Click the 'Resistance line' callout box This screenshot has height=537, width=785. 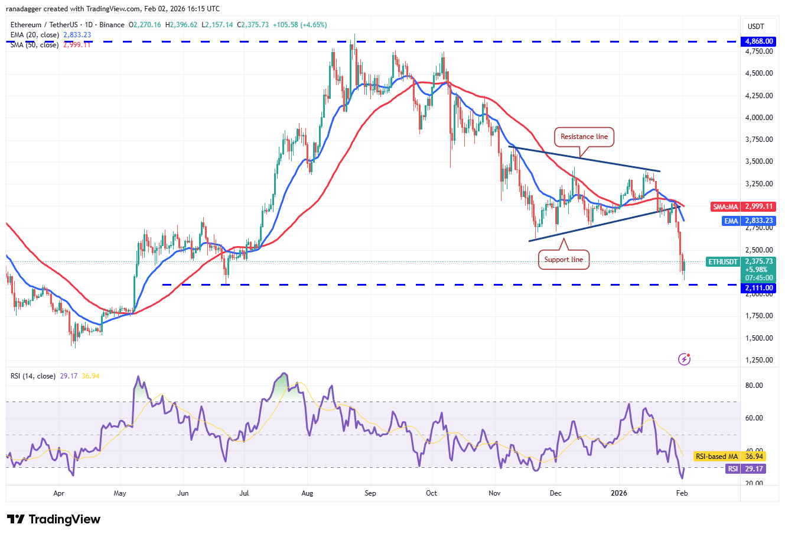[584, 137]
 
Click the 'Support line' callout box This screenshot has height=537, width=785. [563, 260]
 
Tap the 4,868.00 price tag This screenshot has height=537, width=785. [759, 42]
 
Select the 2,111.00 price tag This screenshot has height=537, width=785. [759, 288]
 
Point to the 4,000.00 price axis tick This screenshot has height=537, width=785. [759, 118]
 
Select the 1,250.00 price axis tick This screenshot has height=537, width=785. [759, 360]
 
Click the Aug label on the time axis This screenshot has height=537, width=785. [307, 493]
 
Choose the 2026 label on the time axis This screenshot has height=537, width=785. [618, 493]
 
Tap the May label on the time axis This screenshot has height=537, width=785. [120, 493]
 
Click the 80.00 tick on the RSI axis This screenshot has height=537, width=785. [754, 386]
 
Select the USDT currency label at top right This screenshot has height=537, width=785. [756, 26]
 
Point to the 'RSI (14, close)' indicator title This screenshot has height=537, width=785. [33, 376]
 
